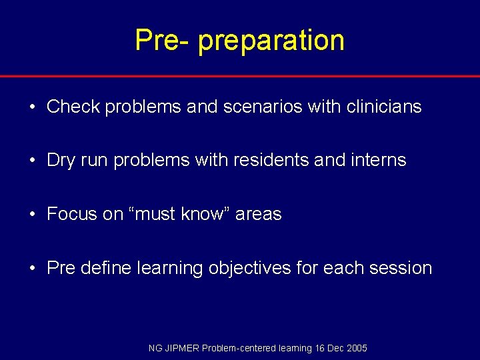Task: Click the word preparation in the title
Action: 271,40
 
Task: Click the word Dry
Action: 61,161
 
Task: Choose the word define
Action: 105,269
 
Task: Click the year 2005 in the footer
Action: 357,349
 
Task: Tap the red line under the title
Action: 240,76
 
